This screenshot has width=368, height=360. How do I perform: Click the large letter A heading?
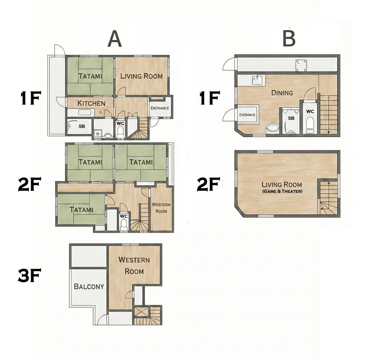click(x=115, y=39)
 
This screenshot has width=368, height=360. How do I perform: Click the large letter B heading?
click(x=289, y=39)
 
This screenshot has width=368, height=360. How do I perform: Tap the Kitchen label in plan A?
click(x=91, y=103)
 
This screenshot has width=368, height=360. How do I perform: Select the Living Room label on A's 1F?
click(x=141, y=76)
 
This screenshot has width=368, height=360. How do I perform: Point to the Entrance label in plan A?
click(x=160, y=108)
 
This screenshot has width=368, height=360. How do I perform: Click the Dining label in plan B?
click(x=282, y=93)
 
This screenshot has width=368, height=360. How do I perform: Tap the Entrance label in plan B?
click(x=247, y=115)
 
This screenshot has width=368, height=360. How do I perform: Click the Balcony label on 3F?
click(x=89, y=286)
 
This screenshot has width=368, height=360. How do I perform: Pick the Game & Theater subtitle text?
click(x=282, y=191)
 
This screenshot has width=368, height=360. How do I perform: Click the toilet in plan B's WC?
click(x=310, y=125)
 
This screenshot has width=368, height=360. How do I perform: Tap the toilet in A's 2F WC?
click(x=124, y=225)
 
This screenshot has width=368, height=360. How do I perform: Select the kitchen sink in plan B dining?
click(x=257, y=80)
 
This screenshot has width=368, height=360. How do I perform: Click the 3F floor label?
click(x=29, y=275)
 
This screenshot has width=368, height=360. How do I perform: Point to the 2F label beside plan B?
click(x=208, y=184)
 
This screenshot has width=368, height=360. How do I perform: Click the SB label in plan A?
click(x=82, y=126)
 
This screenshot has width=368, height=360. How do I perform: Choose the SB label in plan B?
click(x=291, y=118)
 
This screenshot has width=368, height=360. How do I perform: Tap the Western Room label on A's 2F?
click(x=161, y=208)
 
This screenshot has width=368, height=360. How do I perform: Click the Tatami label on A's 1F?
click(x=90, y=76)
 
